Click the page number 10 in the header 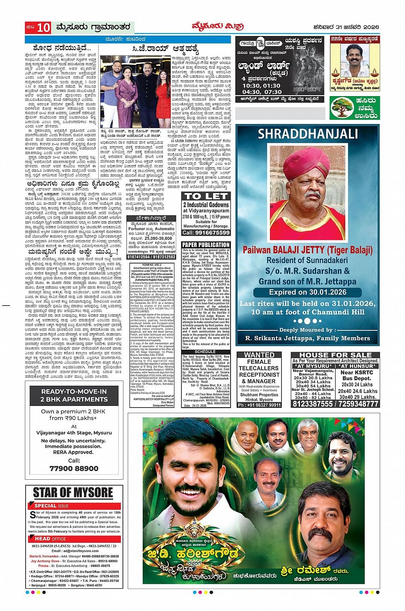[43, 28]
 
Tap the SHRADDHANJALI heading [307, 134]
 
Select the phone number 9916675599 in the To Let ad [206, 233]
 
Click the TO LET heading [206, 196]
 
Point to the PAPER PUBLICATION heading [206, 245]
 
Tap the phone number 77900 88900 [74, 468]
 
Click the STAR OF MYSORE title [73, 493]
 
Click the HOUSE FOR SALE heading [335, 355]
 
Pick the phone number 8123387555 [313, 404]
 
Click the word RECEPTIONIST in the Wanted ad [259, 375]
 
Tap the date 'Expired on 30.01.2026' [307, 292]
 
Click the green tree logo [342, 108]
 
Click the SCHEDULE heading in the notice [206, 352]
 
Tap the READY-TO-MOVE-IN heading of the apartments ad [74, 391]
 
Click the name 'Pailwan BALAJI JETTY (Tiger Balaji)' [307, 250]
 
